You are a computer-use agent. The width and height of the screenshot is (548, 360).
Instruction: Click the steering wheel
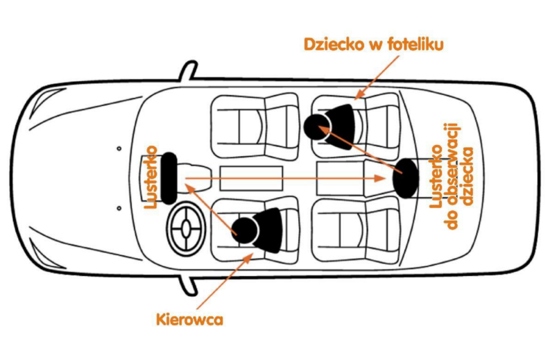click(x=186, y=225)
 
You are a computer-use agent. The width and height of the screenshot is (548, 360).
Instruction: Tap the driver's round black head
click(x=244, y=228)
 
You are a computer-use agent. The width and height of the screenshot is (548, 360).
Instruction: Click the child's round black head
click(x=317, y=126)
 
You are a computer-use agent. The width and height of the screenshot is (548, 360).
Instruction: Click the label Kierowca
click(x=189, y=320)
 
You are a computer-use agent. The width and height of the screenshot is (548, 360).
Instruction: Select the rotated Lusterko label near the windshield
click(x=151, y=178)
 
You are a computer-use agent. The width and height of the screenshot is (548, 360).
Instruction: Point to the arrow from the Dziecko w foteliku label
click(x=379, y=76)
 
